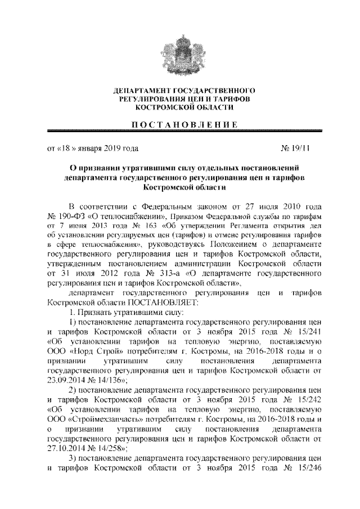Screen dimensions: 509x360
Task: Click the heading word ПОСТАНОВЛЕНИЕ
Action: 180,124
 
